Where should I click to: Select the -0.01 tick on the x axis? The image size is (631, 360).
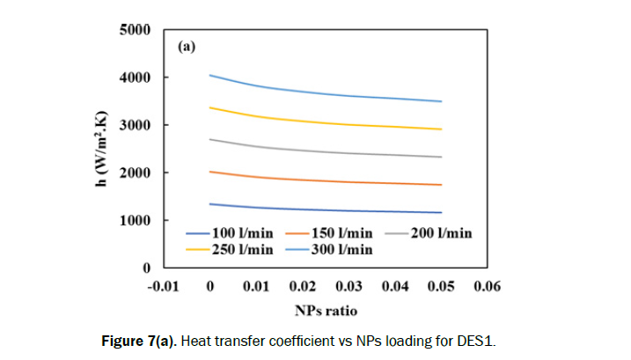point(164,284)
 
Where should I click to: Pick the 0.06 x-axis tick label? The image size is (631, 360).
point(487,284)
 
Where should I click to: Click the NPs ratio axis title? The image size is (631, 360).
point(327,311)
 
